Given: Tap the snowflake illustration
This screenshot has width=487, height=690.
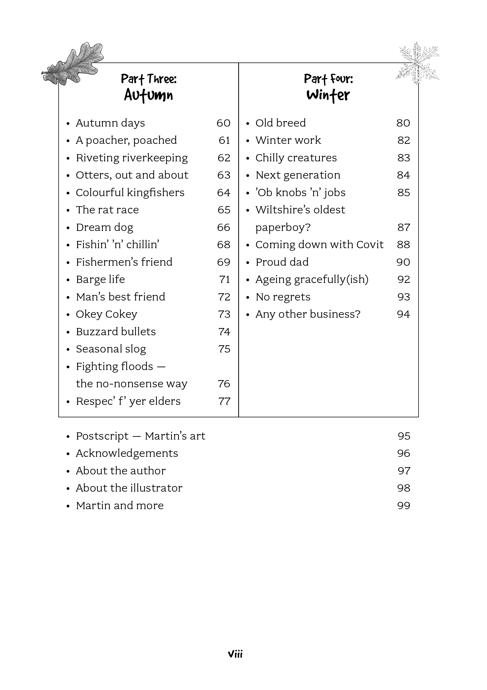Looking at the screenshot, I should [x=417, y=63].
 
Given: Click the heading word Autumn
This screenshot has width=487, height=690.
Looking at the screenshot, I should [x=148, y=95].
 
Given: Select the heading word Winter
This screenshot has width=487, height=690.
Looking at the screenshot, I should [x=328, y=95].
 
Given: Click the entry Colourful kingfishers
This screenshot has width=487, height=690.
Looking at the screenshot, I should [x=130, y=193].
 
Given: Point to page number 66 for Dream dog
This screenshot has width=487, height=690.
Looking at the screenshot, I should [x=224, y=228].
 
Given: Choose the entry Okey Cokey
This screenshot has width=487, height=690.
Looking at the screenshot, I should [x=106, y=314].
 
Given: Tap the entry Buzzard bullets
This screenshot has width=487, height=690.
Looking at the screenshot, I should [x=116, y=332].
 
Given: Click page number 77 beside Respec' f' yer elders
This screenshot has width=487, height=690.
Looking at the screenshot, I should [x=224, y=401].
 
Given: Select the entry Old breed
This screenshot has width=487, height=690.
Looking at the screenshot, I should [x=281, y=123].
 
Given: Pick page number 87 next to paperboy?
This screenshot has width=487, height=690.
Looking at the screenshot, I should [x=404, y=228].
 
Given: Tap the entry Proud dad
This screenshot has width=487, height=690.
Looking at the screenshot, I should [x=282, y=262].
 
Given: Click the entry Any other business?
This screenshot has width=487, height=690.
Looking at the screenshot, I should [x=308, y=314].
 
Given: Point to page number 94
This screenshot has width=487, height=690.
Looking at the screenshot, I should [x=403, y=314].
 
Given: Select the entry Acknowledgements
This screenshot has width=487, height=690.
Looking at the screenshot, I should [x=127, y=453].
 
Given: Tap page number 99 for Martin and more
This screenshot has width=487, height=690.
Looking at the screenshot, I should [x=404, y=506].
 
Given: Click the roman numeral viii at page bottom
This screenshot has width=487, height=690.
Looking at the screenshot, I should [x=235, y=654].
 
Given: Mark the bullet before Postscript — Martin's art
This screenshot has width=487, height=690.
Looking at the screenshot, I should [x=68, y=437].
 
